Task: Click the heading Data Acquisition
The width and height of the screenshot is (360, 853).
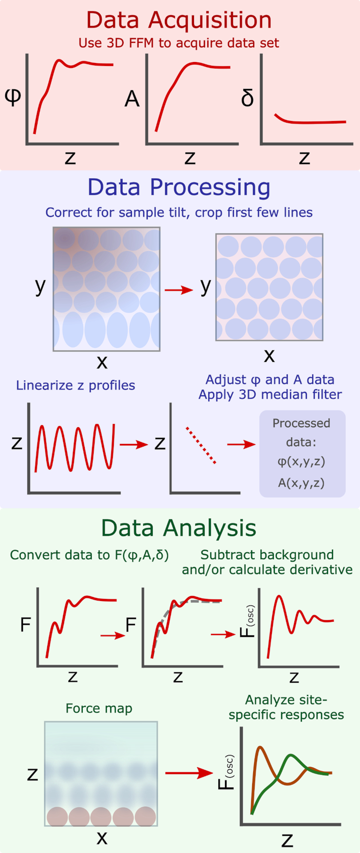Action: (x=179, y=20)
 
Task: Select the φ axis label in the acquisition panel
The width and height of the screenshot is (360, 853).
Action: (x=13, y=97)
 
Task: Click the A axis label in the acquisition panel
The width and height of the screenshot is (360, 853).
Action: (x=132, y=99)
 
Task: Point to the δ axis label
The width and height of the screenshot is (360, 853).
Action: (x=247, y=98)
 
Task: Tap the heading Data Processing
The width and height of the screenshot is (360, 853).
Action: (x=179, y=188)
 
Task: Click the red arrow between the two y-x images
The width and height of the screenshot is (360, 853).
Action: (x=178, y=290)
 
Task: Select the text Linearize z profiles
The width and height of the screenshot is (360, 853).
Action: (x=75, y=385)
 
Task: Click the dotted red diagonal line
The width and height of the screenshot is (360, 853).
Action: (x=201, y=445)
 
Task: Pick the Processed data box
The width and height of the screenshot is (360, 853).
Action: (x=302, y=453)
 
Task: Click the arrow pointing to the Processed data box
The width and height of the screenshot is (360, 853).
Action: (x=241, y=444)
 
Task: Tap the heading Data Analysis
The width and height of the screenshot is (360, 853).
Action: (x=179, y=528)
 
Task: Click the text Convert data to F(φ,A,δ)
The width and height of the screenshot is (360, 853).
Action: (x=89, y=555)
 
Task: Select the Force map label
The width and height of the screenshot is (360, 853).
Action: (x=99, y=708)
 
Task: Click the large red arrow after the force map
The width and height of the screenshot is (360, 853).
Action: (x=189, y=773)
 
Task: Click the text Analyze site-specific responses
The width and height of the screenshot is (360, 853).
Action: (x=286, y=707)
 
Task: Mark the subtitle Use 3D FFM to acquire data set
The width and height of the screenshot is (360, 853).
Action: (x=179, y=43)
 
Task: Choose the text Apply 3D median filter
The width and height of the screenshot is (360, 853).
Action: (x=270, y=395)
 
